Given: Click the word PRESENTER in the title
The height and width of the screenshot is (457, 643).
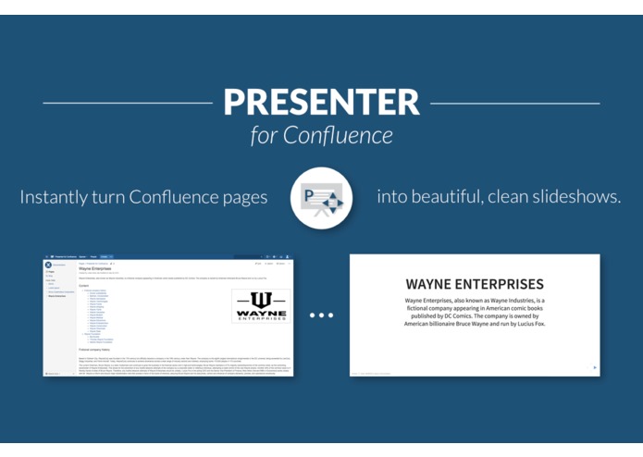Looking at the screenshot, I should pyautogui.click(x=321, y=102).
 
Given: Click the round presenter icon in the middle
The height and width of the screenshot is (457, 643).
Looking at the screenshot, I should pyautogui.click(x=321, y=198).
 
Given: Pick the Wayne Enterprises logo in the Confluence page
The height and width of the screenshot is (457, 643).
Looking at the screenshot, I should pyautogui.click(x=260, y=306).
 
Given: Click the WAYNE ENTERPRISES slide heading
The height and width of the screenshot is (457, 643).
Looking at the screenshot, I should pyautogui.click(x=474, y=284).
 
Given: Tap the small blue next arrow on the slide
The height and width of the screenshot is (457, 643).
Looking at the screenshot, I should pyautogui.click(x=594, y=367).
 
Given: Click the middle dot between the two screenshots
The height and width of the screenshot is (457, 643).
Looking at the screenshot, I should pyautogui.click(x=321, y=315).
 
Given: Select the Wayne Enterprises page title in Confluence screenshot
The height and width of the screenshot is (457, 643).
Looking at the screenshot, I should pyautogui.click(x=96, y=268).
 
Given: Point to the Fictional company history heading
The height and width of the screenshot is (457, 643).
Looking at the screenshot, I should pyautogui.click(x=101, y=350).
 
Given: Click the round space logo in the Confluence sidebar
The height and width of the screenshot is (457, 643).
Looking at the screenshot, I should pyautogui.click(x=48, y=266).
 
